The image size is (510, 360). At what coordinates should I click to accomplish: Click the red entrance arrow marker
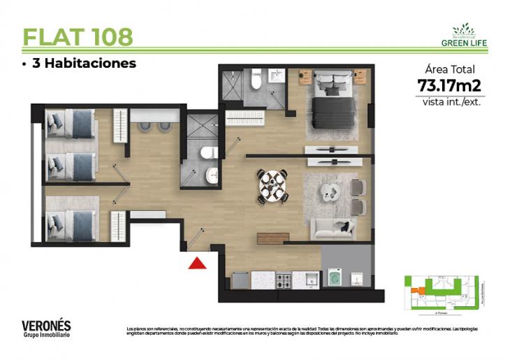click(x=198, y=263)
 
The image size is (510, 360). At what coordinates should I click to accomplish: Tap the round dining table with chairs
click(x=272, y=186)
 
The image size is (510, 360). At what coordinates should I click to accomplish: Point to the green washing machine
click(x=334, y=279)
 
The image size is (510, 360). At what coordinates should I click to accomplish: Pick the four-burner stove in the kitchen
click(x=285, y=280)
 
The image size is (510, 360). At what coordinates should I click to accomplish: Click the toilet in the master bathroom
click(x=256, y=81)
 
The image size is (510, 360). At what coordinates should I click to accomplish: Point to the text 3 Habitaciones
click(x=79, y=64)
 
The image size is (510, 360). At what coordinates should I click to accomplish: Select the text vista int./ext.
click(x=451, y=101)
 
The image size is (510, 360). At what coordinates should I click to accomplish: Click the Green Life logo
click(x=464, y=35)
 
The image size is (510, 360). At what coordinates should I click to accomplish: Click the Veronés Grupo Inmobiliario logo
click(x=46, y=329)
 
